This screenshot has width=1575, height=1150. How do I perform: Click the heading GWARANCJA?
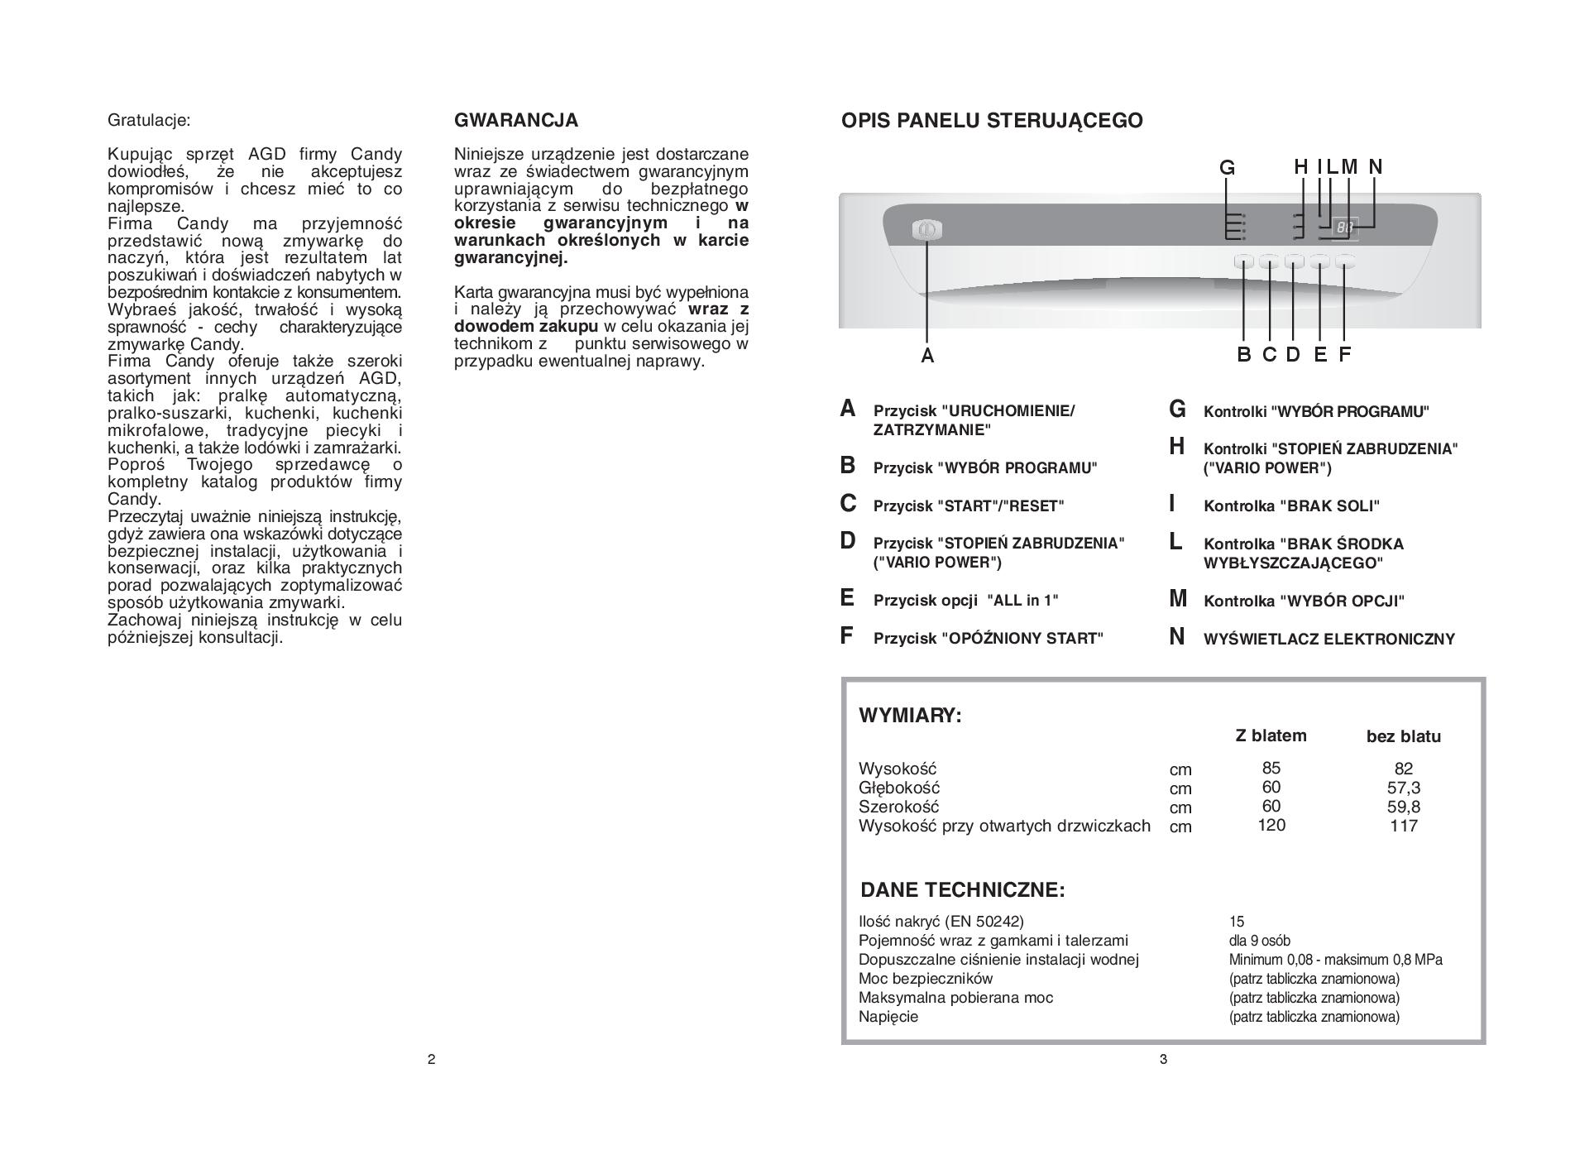pyautogui.click(x=516, y=121)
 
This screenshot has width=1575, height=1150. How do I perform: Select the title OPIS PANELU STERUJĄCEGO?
pyautogui.click(x=992, y=121)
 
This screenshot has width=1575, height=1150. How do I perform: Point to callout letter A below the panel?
pyautogui.click(x=927, y=356)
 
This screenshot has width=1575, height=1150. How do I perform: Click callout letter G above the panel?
pyautogui.click(x=1227, y=168)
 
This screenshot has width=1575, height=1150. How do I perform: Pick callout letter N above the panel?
pyautogui.click(x=1376, y=167)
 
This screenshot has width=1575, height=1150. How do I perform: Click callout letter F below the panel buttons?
pyautogui.click(x=1345, y=355)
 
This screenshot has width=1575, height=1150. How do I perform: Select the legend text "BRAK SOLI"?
pyautogui.click(x=1291, y=506)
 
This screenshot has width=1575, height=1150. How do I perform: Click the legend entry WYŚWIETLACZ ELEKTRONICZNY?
pyautogui.click(x=1328, y=639)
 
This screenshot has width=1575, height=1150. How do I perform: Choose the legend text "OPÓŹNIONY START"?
pyautogui.click(x=988, y=639)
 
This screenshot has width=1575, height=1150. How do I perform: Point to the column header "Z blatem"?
pyautogui.click(x=1271, y=736)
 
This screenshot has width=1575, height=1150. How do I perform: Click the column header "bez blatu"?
pyautogui.click(x=1403, y=736)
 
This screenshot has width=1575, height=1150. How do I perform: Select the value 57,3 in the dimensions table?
pyautogui.click(x=1403, y=788)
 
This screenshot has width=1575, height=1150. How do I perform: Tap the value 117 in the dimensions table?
pyautogui.click(x=1403, y=826)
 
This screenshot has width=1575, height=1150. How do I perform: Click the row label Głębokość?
pyautogui.click(x=899, y=788)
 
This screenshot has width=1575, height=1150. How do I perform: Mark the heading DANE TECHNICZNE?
pyautogui.click(x=963, y=890)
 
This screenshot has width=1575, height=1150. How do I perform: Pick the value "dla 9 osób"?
pyautogui.click(x=1259, y=941)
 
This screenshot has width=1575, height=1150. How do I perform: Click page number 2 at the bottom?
pyautogui.click(x=431, y=1059)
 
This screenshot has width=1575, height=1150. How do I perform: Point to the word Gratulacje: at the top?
pyautogui.click(x=149, y=121)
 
